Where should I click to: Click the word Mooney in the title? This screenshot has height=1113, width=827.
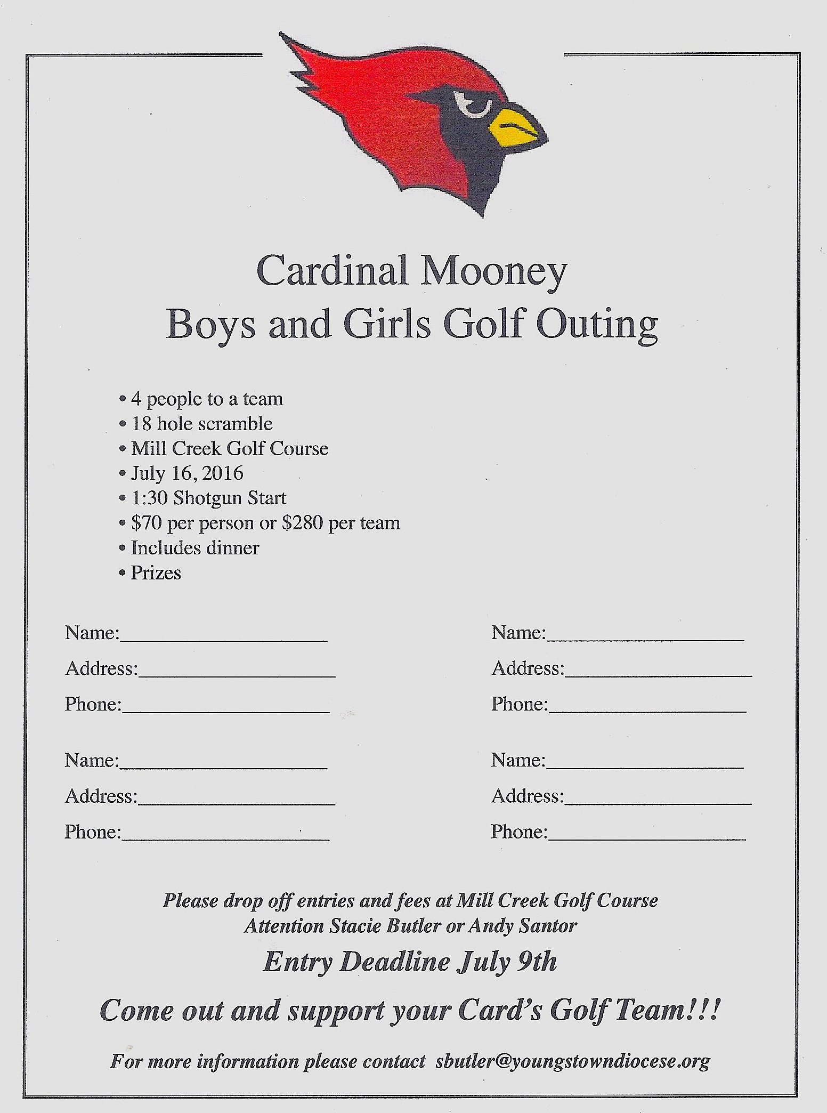493,271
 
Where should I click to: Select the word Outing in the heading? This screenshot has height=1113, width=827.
597,325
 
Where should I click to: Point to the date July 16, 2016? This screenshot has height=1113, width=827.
187,473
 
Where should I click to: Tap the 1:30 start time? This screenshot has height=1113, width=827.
150,498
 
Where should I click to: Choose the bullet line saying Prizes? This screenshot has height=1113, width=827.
156,573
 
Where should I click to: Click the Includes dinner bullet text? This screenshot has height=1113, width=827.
195,548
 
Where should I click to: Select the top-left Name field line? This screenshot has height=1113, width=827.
224,639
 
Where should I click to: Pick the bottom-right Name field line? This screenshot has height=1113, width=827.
645,765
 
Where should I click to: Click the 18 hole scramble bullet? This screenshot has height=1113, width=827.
202,424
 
